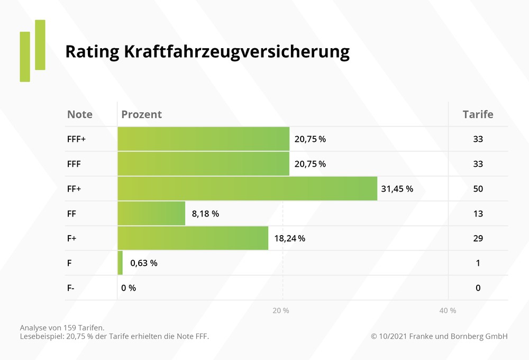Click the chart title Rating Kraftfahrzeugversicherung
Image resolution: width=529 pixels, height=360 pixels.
(207, 52)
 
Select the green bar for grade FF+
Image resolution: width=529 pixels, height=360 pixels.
(247, 188)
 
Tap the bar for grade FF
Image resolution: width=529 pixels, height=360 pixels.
(151, 213)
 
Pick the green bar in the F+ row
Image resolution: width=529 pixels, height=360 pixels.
(193, 238)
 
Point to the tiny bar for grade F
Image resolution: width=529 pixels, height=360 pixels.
(120, 263)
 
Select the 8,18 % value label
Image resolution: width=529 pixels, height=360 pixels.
(205, 213)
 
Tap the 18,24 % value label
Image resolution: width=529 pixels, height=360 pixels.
(289, 238)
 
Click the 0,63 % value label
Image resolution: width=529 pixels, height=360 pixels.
(144, 263)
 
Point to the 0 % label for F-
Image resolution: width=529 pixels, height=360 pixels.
(129, 288)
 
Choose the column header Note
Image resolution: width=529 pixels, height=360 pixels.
(80, 114)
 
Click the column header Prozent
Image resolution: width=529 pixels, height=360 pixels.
(141, 114)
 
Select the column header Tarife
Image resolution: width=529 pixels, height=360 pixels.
(478, 114)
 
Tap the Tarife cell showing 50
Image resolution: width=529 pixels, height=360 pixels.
(478, 188)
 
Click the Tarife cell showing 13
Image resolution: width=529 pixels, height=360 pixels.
(478, 213)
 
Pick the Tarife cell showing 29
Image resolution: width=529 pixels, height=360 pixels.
(478, 238)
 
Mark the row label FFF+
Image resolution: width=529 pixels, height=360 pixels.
(77, 139)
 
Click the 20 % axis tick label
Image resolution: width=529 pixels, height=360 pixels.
(281, 311)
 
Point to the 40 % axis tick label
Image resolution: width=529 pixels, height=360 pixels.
(448, 311)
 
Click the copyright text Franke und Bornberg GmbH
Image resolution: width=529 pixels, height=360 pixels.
(439, 336)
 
